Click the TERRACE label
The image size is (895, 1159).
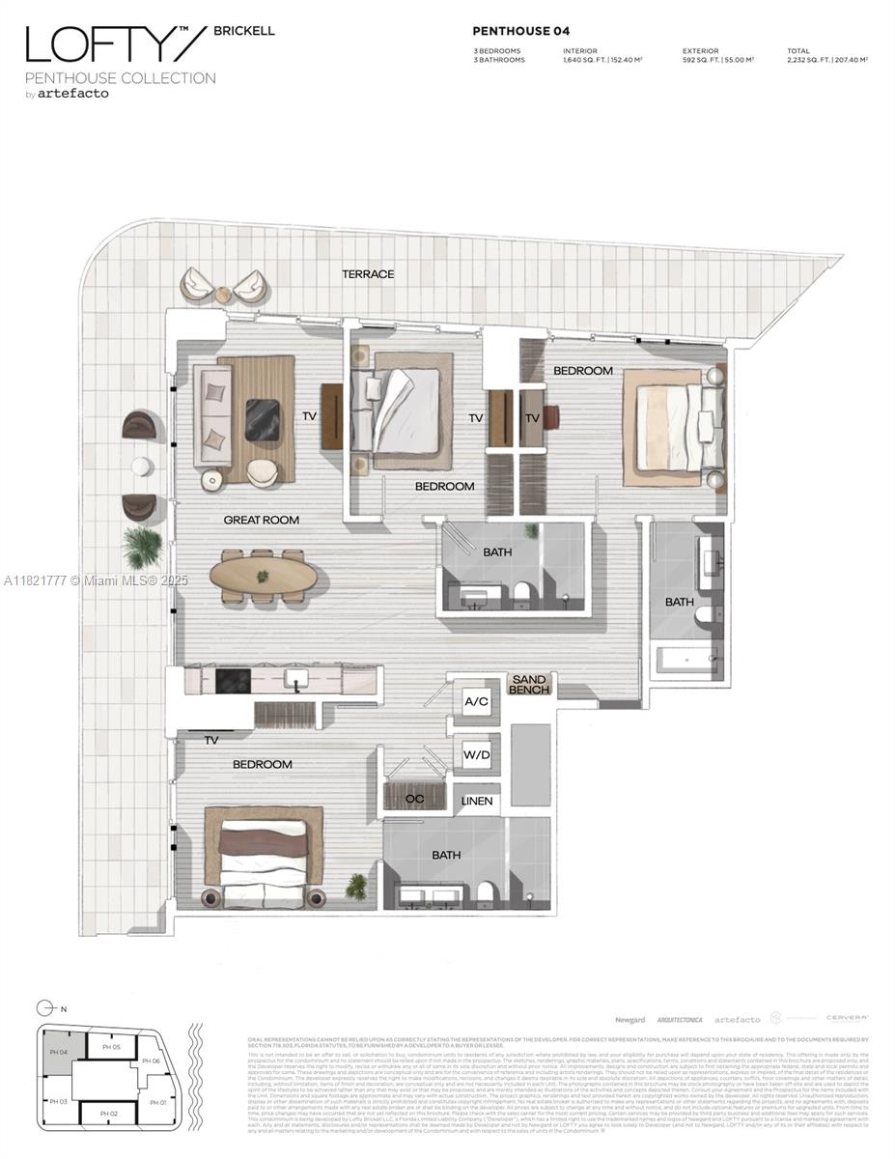pyautogui.click(x=368, y=274)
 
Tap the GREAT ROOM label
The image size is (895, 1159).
pyautogui.click(x=261, y=520)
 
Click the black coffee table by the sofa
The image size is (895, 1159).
pyautogui.click(x=263, y=419)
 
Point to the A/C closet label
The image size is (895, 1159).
pyautogui.click(x=475, y=702)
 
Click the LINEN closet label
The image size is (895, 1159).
pyautogui.click(x=477, y=801)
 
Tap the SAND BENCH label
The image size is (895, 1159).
pyautogui.click(x=530, y=685)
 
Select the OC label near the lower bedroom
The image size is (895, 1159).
pyautogui.click(x=414, y=799)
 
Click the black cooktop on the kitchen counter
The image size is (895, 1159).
pyautogui.click(x=232, y=681)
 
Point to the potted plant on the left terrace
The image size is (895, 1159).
pyautogui.click(x=143, y=549)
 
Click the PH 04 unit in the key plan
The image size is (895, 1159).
pyautogui.click(x=57, y=1052)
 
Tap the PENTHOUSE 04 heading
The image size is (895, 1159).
pyautogui.click(x=520, y=31)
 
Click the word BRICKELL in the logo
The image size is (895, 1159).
pyautogui.click(x=249, y=31)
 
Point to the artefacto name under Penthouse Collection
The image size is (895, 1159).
pyautogui.click(x=73, y=94)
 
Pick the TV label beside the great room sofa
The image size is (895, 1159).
pyautogui.click(x=309, y=416)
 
